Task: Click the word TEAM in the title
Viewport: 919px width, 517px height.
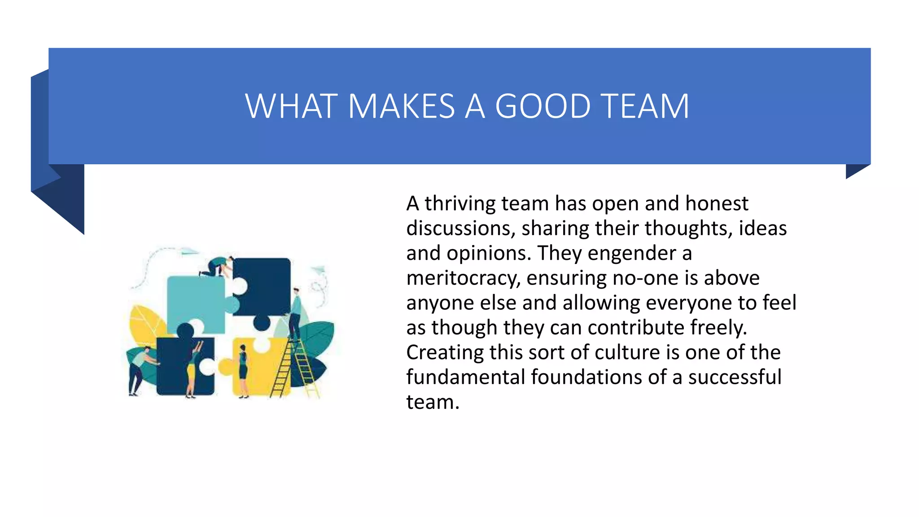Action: pos(644,106)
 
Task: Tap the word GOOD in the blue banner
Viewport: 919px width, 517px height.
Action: pos(543,106)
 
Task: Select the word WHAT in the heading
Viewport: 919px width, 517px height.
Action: pos(291,106)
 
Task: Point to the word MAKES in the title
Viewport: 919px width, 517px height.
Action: pos(401,106)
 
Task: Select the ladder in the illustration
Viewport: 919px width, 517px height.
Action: pos(294,370)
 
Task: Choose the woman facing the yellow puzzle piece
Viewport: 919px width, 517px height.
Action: pos(243,370)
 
